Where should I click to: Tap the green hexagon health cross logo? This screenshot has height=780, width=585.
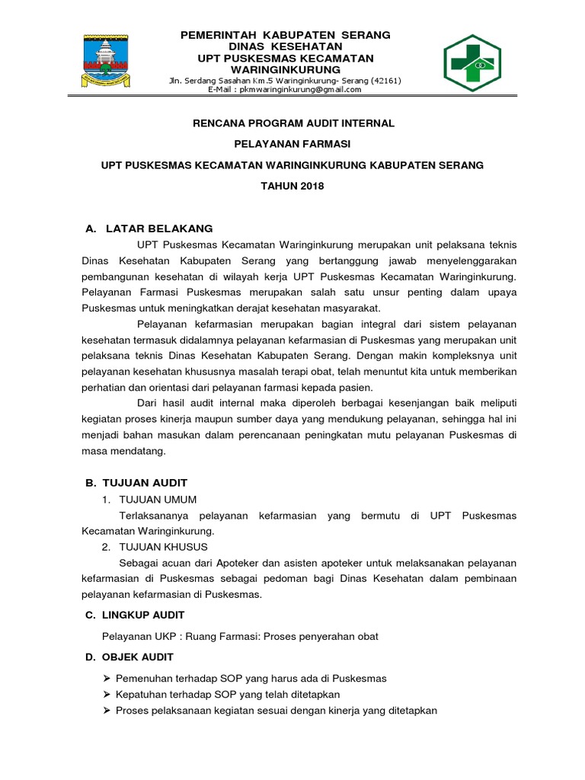coord(472,63)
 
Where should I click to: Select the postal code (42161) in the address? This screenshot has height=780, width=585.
coord(385,81)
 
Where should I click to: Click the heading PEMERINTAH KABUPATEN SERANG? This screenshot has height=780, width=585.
coord(285,35)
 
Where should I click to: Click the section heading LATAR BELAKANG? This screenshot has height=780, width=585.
coord(159,229)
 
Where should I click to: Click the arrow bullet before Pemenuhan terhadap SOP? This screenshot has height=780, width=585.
coord(106,678)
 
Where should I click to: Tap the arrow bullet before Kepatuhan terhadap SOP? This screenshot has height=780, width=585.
coord(106,695)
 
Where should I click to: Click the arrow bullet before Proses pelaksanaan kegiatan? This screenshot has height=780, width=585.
coord(106,711)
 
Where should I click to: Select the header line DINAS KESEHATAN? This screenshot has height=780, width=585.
coord(285,46)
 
